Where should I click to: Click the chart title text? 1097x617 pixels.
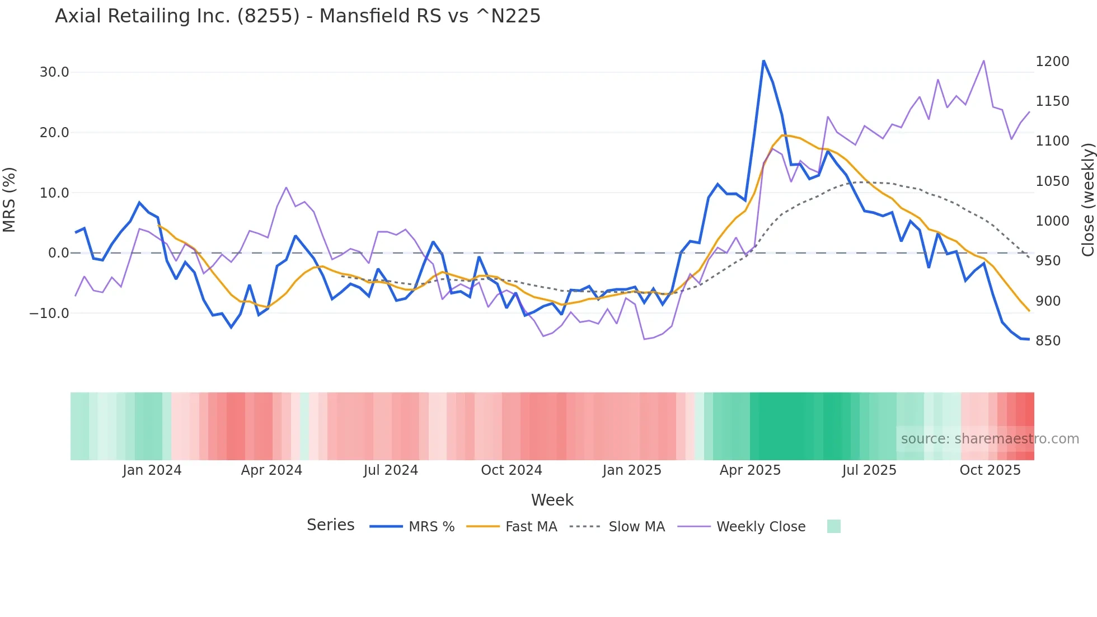tap(298, 16)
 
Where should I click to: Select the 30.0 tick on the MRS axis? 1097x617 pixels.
tap(54, 72)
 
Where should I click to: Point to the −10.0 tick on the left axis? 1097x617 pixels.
tap(49, 314)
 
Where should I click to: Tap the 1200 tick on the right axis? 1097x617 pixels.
tap(1052, 62)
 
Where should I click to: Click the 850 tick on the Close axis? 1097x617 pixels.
tap(1048, 341)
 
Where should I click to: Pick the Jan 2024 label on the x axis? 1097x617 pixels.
tap(152, 470)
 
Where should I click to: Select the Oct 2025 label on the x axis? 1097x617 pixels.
tap(990, 470)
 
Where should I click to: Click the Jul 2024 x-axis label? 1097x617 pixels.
tap(391, 470)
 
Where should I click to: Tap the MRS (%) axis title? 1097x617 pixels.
tap(10, 199)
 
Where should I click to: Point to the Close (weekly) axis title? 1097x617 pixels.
tap(1087, 199)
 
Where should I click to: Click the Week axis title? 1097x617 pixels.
tap(552, 500)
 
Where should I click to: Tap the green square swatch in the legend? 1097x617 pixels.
tap(833, 526)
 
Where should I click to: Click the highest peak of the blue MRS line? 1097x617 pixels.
tap(763, 60)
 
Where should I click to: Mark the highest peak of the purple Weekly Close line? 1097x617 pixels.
tap(983, 60)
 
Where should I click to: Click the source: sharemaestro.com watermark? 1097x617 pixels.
tap(990, 439)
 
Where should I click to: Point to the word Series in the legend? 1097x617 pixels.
tap(330, 525)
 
